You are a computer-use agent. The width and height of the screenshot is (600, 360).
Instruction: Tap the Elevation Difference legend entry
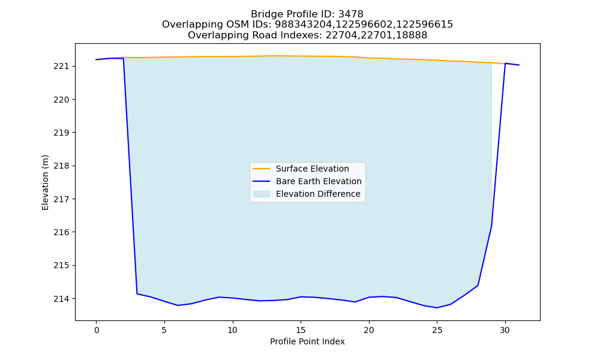click(307, 194)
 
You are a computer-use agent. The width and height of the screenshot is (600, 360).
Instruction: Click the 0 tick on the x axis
click(97, 330)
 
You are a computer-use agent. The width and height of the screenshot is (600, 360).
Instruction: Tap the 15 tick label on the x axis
click(301, 330)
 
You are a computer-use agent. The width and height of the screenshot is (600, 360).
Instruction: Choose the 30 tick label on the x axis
click(505, 330)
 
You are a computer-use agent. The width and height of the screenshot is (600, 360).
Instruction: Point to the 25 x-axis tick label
click(437, 330)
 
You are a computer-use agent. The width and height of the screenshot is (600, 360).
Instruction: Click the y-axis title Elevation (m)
click(45, 182)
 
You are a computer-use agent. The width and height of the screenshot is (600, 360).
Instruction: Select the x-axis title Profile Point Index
click(307, 341)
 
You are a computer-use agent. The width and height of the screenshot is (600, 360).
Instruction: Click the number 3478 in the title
click(351, 14)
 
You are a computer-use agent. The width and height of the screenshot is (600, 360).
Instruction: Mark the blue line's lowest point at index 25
click(437, 308)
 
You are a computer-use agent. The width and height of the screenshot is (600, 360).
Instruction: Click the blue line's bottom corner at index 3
click(137, 293)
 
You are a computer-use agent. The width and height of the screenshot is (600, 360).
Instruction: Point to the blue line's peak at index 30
click(505, 63)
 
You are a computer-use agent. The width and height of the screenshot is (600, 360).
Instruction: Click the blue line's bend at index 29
click(491, 226)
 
